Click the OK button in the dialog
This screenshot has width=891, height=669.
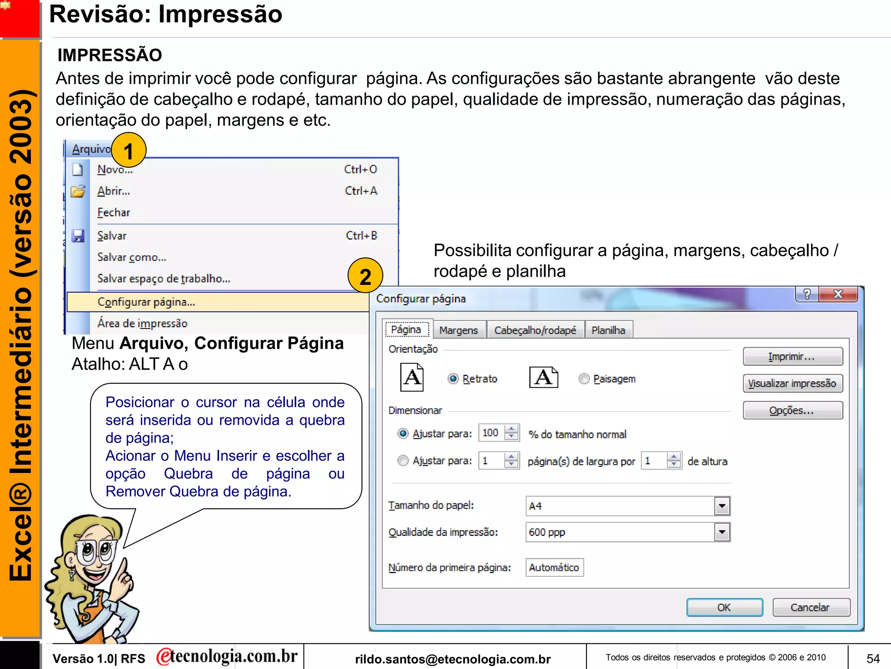[724, 607]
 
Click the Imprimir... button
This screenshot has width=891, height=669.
[792, 357]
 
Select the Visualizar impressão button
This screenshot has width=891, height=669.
[792, 384]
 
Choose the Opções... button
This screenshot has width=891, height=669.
[792, 411]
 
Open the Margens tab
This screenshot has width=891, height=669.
[458, 330]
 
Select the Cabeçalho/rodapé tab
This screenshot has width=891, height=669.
[535, 330]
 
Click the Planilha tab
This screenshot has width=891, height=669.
[608, 330]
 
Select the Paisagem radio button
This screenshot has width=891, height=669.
[584, 379]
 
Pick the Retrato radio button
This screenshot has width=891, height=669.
[453, 379]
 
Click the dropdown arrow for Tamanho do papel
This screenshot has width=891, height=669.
[722, 506]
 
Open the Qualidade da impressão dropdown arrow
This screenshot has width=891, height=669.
[722, 532]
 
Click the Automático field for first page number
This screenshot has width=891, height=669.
[554, 568]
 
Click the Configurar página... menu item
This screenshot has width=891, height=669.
[146, 302]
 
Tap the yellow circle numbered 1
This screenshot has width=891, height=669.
[128, 151]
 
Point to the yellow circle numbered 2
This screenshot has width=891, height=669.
[365, 276]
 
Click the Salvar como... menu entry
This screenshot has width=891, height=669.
[131, 257]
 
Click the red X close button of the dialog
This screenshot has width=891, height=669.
[837, 294]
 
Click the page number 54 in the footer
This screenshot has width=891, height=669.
[873, 658]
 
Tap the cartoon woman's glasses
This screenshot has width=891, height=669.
[96, 550]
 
